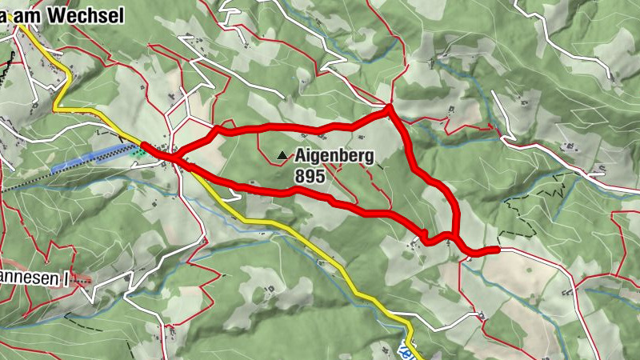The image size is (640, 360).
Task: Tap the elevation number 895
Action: pos(310,177)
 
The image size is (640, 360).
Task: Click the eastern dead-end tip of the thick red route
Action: pos(497,250)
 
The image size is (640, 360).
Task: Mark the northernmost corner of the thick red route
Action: pos(390,107)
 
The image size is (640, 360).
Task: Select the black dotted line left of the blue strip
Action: pos(24,184)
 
